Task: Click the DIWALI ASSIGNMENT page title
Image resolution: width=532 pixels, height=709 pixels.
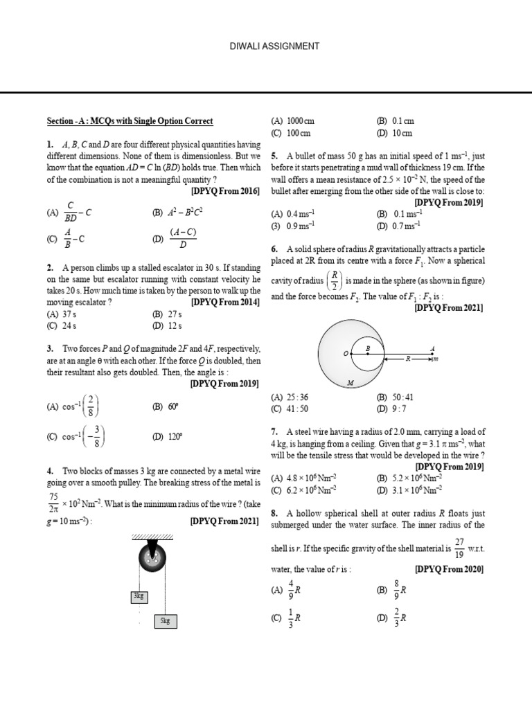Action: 265,46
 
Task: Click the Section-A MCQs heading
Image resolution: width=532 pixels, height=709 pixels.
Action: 130,121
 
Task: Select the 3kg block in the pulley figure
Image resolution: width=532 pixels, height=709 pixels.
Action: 139,595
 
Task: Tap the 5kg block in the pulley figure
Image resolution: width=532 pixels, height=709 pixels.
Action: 165,621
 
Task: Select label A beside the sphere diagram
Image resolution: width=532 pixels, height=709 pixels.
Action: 432,348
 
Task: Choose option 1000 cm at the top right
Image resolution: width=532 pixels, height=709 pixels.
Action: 290,121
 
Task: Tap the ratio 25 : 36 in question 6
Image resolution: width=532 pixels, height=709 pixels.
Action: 291,398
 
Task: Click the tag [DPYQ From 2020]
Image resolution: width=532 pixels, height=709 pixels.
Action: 449,569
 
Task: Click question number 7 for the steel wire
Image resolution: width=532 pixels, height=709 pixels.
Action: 275,431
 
